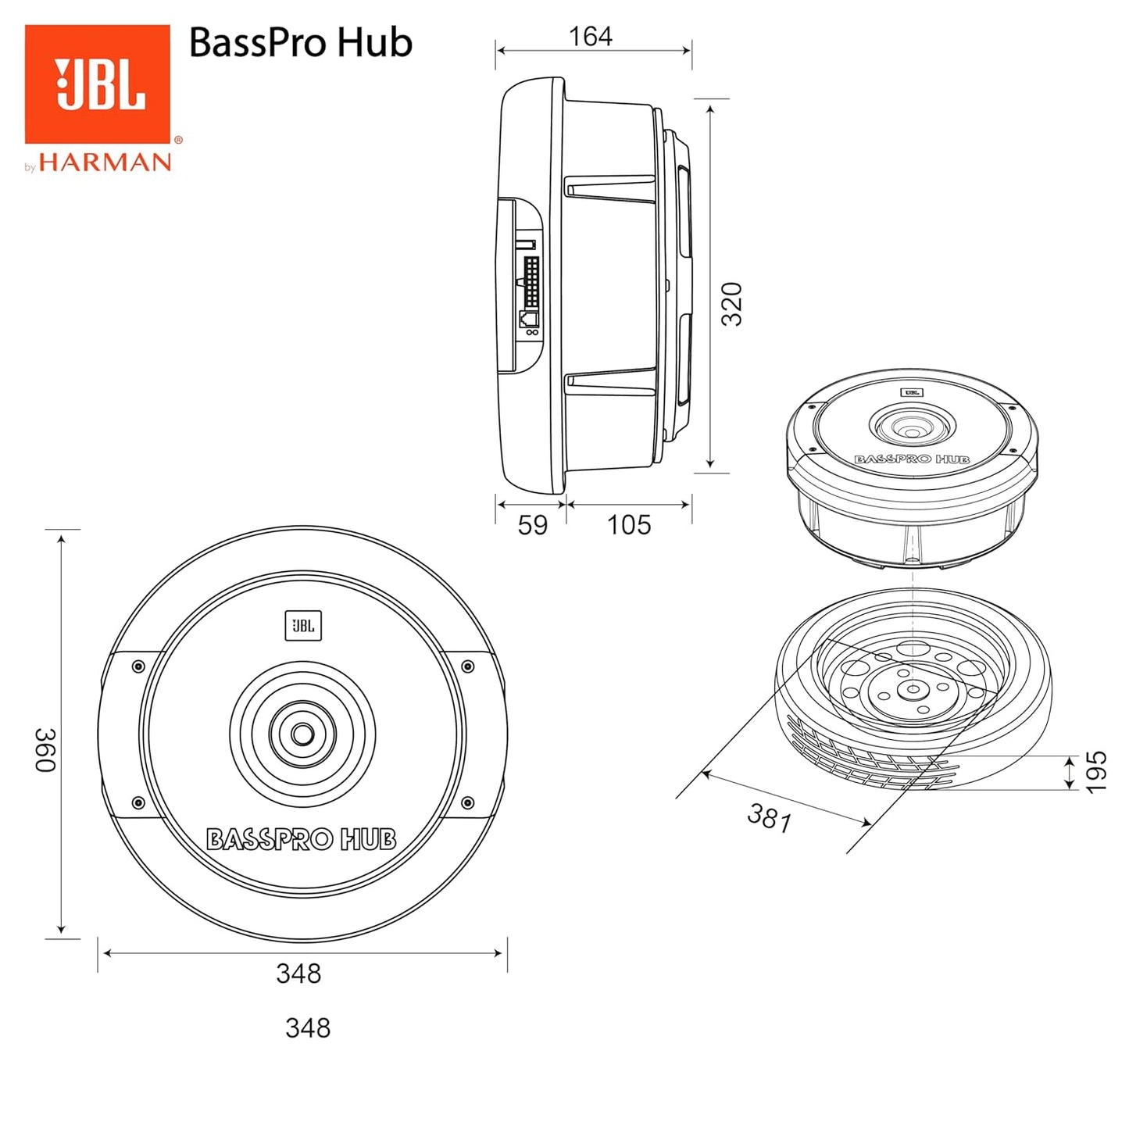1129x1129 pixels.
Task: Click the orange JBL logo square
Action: (98, 84)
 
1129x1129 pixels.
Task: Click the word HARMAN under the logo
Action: (105, 163)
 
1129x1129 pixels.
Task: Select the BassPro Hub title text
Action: (300, 42)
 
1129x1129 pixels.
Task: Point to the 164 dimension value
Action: (590, 36)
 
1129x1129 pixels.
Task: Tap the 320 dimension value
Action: (731, 304)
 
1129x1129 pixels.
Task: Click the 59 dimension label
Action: (532, 525)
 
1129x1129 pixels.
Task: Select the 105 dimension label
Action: (628, 525)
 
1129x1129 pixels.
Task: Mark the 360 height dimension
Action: (45, 749)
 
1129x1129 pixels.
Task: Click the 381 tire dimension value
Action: (770, 818)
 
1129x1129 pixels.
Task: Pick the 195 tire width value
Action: (1096, 772)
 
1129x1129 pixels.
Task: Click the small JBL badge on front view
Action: (303, 626)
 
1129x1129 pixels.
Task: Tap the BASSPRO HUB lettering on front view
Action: (301, 840)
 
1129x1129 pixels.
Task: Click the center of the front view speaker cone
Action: (302, 734)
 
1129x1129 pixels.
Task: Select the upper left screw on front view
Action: (138, 666)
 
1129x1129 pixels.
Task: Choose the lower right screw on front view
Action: (467, 802)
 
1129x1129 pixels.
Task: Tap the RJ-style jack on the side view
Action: (529, 319)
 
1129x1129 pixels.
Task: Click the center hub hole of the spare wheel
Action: (911, 689)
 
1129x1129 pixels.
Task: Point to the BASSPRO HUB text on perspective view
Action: (912, 459)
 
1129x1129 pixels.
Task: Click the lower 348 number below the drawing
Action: (308, 1027)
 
